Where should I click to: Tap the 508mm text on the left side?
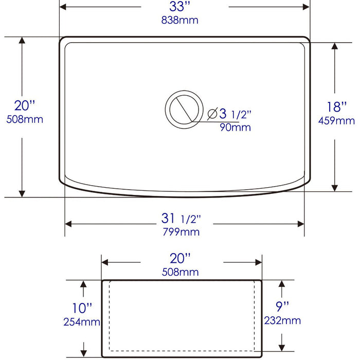point(24,119)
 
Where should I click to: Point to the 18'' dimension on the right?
point(337,107)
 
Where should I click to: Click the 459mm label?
point(337,121)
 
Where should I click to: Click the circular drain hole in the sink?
point(183,109)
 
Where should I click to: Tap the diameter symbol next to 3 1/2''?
point(212,114)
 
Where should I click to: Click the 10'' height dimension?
point(82,309)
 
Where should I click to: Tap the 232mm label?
point(283,321)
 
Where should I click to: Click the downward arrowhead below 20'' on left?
point(22,192)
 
